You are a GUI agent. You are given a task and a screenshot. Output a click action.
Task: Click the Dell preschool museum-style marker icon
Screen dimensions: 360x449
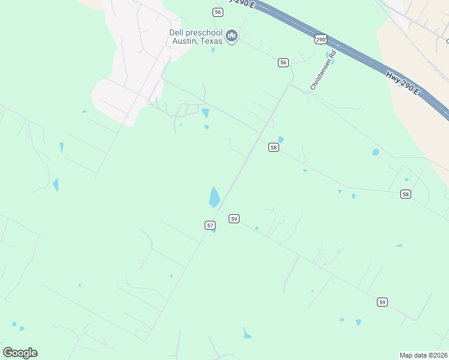pyautogui.click(x=232, y=37)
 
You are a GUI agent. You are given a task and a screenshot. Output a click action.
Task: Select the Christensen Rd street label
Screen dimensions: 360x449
pyautogui.click(x=324, y=71)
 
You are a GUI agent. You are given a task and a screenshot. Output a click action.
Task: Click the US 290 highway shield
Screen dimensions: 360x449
pyautogui.click(x=321, y=39)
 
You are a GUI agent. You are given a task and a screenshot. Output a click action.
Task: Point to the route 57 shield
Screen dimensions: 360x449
pyautogui.click(x=209, y=225)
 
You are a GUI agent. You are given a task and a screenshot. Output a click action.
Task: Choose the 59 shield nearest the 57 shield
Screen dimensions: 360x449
pyautogui.click(x=234, y=219)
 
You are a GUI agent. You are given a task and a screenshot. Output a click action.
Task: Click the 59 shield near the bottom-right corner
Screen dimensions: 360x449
pyautogui.click(x=382, y=302)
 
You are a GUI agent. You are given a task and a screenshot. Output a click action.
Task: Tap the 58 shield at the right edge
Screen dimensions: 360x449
pyautogui.click(x=406, y=194)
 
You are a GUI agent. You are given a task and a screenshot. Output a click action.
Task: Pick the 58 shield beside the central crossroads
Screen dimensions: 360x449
pyautogui.click(x=273, y=148)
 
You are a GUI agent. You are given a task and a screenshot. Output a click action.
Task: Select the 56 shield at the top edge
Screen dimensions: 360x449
pyautogui.click(x=217, y=12)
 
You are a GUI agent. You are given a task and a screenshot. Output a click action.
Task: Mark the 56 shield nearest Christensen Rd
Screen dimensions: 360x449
pyautogui.click(x=283, y=62)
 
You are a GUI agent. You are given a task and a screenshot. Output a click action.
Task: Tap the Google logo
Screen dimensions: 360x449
pyautogui.click(x=20, y=353)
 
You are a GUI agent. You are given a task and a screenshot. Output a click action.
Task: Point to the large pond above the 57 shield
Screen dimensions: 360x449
pyautogui.click(x=214, y=197)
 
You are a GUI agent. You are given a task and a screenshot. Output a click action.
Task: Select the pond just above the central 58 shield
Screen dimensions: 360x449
pyautogui.click(x=280, y=140)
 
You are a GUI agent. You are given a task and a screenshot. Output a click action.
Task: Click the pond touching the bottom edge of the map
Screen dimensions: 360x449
pyautogui.click(x=247, y=334)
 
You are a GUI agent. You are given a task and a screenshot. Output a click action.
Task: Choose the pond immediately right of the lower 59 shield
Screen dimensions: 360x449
pyautogui.click(x=399, y=245)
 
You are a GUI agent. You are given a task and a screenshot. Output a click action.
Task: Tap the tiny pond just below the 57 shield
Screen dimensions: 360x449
pyautogui.click(x=214, y=231)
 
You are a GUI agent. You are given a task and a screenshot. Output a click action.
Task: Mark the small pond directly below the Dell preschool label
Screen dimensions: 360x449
pyautogui.click(x=212, y=50)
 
